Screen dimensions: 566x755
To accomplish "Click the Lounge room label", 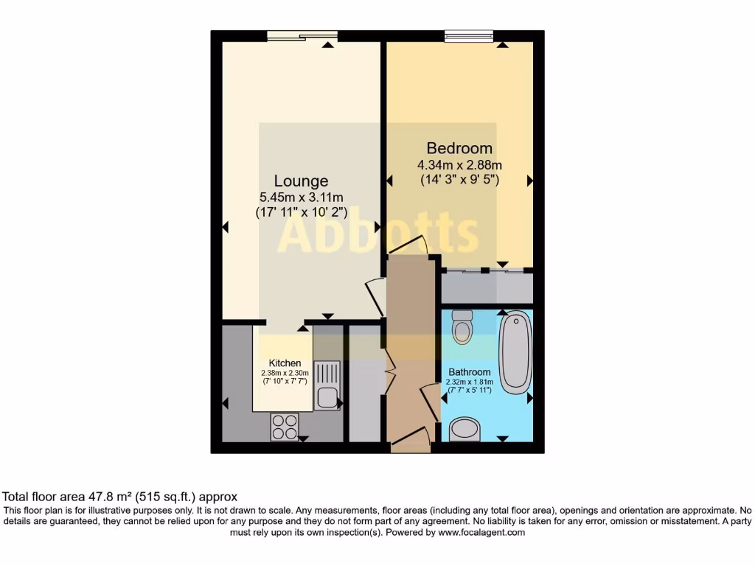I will (301, 181).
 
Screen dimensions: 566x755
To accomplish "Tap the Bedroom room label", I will (459, 148).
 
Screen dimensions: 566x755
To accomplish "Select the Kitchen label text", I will (285, 363).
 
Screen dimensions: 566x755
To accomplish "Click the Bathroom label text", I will (469, 372).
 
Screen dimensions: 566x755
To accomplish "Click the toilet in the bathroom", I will (462, 327).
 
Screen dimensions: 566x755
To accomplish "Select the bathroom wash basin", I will (465, 428).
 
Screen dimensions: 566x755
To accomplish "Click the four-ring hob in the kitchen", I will (285, 425).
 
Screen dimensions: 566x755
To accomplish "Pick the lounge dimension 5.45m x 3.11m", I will (301, 198).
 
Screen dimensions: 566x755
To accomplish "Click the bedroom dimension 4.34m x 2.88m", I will (459, 164).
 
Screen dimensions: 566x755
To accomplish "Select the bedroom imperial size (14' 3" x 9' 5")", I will (459, 179).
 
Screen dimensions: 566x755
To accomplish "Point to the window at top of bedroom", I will (469, 35).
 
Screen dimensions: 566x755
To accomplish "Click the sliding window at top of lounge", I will (302, 35).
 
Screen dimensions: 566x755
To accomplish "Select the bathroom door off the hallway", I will (428, 402).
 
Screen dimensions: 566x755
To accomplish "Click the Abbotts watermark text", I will (377, 234).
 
